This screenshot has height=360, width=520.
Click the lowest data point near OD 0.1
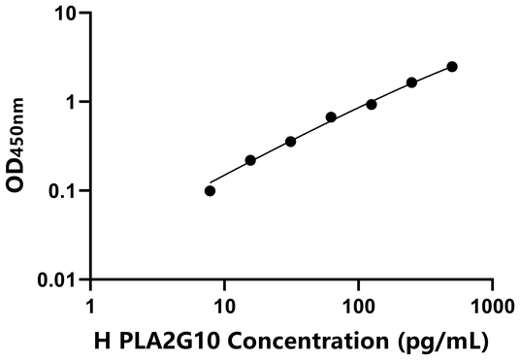pyautogui.click(x=211, y=190)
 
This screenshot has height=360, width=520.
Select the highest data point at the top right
pyautogui.click(x=452, y=67)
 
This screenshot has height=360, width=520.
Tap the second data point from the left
pyautogui.click(x=250, y=160)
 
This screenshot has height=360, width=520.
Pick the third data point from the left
pyautogui.click(x=290, y=142)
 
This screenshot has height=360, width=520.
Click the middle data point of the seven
pyautogui.click(x=331, y=117)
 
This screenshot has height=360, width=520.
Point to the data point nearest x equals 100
pyautogui.click(x=372, y=104)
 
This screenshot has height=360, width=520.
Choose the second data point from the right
pyautogui.click(x=411, y=82)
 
